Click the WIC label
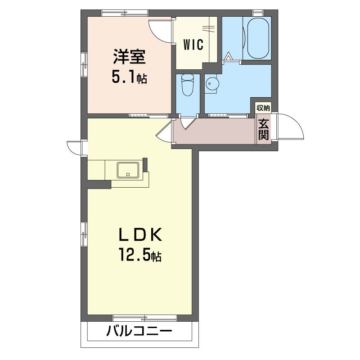[x=193, y=45]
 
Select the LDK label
[x=140, y=234]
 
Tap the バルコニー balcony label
[x=139, y=331]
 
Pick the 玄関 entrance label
[x=263, y=130]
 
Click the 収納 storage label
[x=263, y=108]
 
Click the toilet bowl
[x=187, y=85]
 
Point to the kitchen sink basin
[x=128, y=170]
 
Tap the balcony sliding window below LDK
[x=145, y=318]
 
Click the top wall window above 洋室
[x=125, y=13]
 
